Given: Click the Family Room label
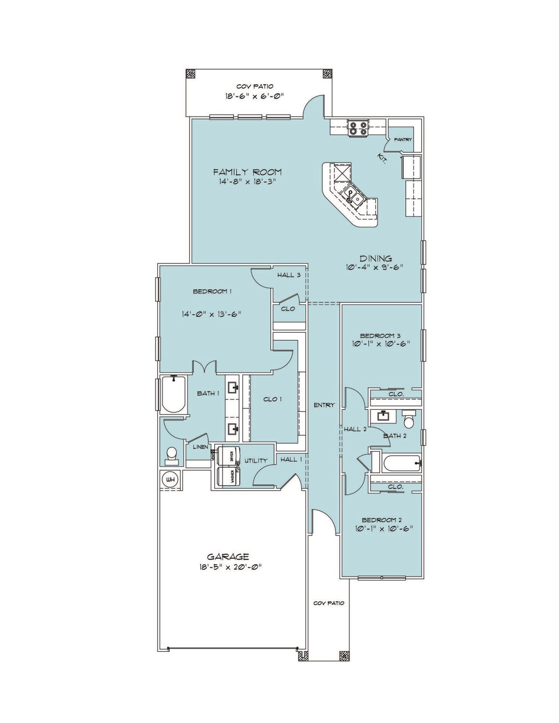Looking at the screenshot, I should (247, 172).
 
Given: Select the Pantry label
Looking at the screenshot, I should (403, 140).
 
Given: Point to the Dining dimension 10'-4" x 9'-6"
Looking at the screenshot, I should (375, 267).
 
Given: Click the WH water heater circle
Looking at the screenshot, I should (170, 480).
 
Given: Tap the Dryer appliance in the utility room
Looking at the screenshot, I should (229, 456).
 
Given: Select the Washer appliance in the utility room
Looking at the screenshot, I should (229, 476).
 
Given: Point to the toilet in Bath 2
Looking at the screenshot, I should (409, 420).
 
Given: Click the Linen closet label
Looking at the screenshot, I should (200, 447).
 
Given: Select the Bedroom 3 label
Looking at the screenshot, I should (380, 336).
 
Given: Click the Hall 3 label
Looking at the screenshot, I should (289, 275).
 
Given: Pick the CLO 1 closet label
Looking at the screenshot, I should (272, 399).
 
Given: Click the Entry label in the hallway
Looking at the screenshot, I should (324, 405).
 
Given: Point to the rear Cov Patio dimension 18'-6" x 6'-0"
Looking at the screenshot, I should (255, 96).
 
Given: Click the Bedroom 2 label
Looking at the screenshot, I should (382, 520).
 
